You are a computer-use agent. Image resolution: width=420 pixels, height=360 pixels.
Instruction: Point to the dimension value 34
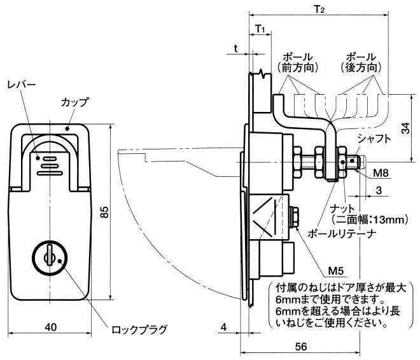[405, 128]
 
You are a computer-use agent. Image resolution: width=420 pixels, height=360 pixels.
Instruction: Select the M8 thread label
[381, 172]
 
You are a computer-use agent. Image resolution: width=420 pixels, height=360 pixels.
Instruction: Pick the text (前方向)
[297, 67]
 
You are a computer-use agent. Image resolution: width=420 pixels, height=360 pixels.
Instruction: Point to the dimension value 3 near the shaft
[378, 190]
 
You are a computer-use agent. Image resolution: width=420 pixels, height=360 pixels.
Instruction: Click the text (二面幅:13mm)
[368, 219]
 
